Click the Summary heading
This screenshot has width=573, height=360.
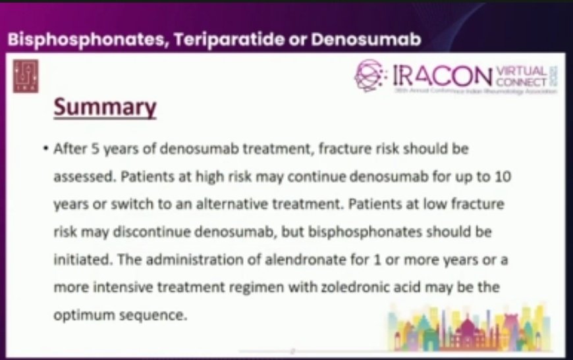(105, 108)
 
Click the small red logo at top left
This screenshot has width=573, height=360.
(25, 78)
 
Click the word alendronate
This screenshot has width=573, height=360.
(311, 259)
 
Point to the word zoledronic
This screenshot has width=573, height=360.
(327, 287)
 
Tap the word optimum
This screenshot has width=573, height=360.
(82, 315)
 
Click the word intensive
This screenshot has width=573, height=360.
(113, 287)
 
